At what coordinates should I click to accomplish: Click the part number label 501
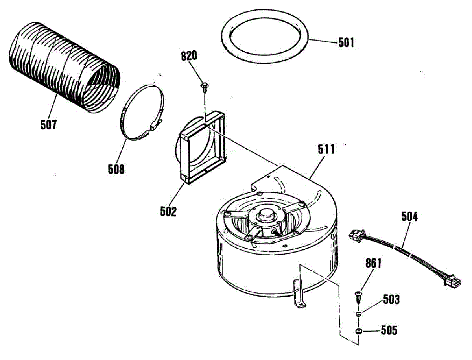pyautogui.click(x=346, y=42)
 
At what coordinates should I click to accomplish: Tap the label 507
pyautogui.click(x=48, y=125)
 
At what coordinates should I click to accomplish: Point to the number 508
pyautogui.click(x=116, y=170)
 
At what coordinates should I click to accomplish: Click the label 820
pyautogui.click(x=189, y=56)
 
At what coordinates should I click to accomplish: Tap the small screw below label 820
pyautogui.click(x=205, y=86)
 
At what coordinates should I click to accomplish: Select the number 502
pyautogui.click(x=168, y=211)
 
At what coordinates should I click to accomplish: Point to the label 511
pyautogui.click(x=327, y=150)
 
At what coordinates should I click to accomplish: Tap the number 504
pyautogui.click(x=409, y=216)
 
